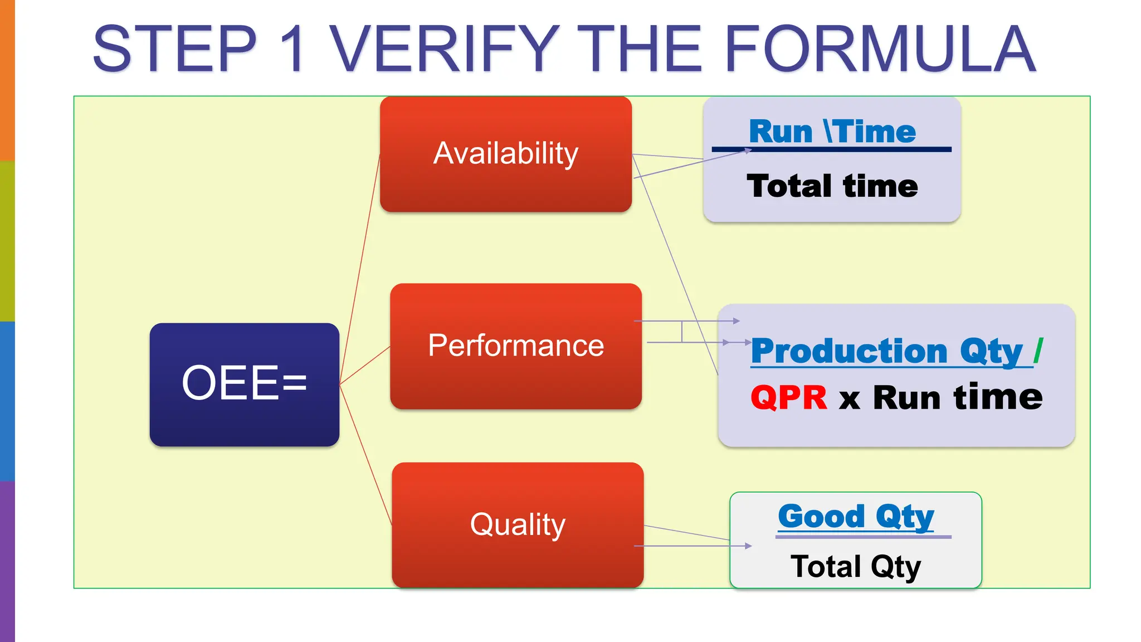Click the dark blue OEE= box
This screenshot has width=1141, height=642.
[x=244, y=384]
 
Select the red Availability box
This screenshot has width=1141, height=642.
[x=505, y=154]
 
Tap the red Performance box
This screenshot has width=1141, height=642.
[x=515, y=346]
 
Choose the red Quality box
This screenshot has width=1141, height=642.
[x=517, y=524]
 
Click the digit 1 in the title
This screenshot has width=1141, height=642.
[x=292, y=49]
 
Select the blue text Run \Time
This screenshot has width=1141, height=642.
[x=832, y=132]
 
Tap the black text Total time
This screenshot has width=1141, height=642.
[x=832, y=186]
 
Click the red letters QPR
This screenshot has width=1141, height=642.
[x=788, y=398]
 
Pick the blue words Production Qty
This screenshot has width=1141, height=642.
[x=886, y=351]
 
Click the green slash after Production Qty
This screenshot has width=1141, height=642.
[x=1038, y=351]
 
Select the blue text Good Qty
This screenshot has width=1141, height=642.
[x=856, y=516]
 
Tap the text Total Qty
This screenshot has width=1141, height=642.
[x=856, y=566]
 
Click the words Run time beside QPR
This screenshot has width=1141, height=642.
[x=957, y=398]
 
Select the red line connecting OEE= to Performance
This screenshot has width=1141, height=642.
[x=365, y=366]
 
